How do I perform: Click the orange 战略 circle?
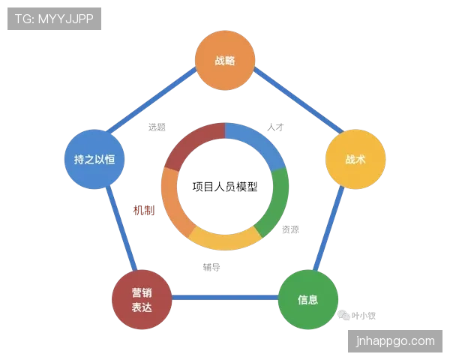point(225,60)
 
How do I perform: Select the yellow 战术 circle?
point(355,159)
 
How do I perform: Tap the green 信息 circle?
point(308,299)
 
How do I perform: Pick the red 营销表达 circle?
point(142,299)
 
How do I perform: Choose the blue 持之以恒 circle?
point(94,159)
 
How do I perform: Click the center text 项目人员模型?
point(225,187)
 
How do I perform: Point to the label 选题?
point(157,127)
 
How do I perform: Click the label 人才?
point(275,127)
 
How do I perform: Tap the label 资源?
point(290,229)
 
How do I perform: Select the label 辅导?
point(211,267)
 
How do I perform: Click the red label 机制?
point(144,211)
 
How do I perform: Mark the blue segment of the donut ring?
point(259,142)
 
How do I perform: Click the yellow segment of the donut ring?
point(225,242)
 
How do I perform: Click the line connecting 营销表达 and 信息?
point(225,297)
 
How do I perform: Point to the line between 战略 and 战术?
point(298,100)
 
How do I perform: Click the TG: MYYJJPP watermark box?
point(54,19)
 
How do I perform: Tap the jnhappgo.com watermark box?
point(395,341)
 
